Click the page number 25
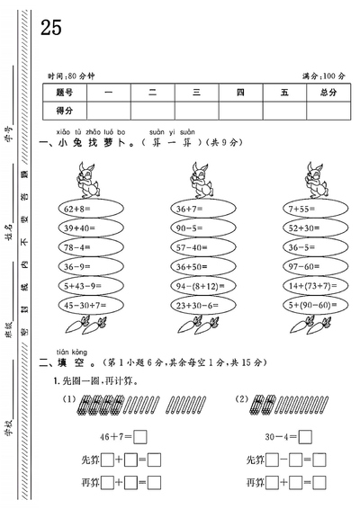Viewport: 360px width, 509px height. click(x=50, y=28)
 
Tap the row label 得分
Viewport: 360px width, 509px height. click(x=64, y=110)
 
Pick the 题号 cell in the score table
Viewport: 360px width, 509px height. click(x=64, y=92)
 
